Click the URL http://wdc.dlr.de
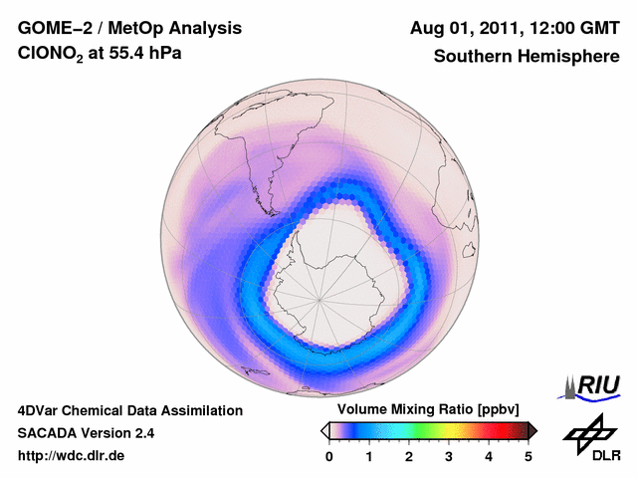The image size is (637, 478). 72,456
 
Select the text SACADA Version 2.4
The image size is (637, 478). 86,433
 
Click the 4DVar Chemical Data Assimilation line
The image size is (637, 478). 129,410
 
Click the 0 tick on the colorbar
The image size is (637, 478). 329,456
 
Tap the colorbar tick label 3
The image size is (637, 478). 449,456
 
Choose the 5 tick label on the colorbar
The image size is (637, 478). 529,456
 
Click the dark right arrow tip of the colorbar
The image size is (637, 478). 532,430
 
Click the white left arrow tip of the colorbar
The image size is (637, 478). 324,430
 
